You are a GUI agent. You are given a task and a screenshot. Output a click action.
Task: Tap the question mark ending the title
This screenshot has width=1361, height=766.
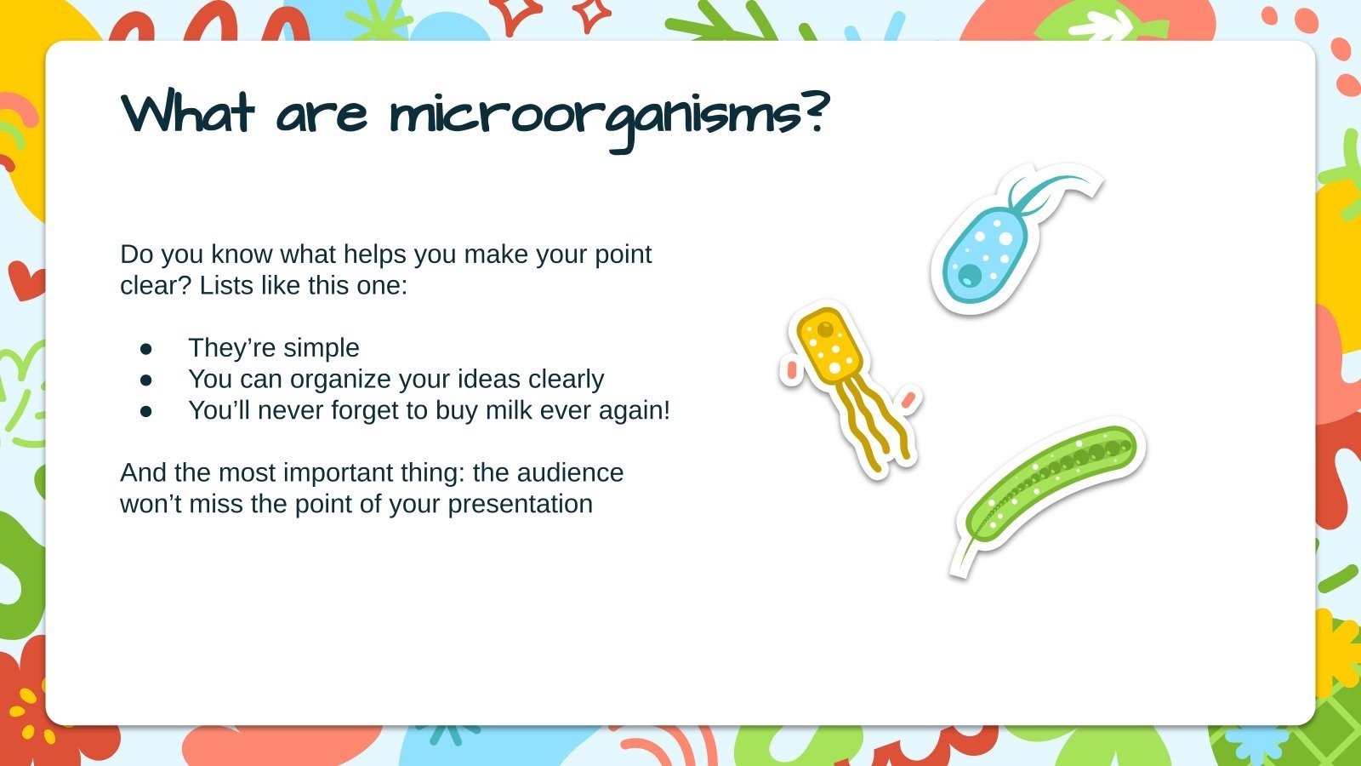coord(814,112)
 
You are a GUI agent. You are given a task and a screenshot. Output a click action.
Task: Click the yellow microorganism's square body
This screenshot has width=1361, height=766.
coord(829,345)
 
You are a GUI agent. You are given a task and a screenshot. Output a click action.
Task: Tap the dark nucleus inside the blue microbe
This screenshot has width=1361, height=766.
coord(970,275)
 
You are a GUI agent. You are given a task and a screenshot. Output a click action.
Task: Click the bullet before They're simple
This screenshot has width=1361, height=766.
coord(146,348)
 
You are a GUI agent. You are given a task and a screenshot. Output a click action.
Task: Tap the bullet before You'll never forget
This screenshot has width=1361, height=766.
coord(146,410)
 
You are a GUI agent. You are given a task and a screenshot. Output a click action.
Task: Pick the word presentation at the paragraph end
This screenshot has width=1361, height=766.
coord(520,504)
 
